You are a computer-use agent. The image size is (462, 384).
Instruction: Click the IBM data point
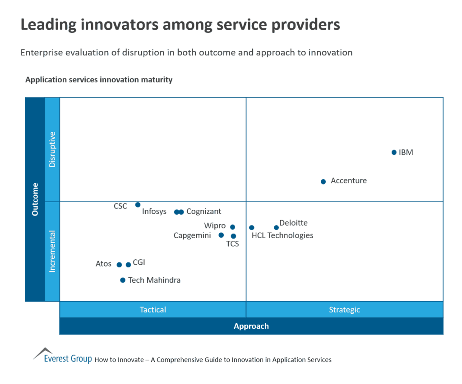click(394, 153)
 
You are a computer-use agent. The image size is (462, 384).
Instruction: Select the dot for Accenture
click(323, 181)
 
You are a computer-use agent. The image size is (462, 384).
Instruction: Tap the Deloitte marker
click(276, 227)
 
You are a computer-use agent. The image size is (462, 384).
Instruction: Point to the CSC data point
click(138, 205)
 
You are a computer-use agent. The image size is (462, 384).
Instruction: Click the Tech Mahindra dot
click(123, 280)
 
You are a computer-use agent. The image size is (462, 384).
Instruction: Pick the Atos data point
click(119, 265)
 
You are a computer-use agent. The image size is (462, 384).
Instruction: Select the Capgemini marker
click(221, 235)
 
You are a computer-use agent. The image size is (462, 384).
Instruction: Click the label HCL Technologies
click(282, 235)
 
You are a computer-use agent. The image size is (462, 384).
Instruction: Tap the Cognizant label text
click(203, 212)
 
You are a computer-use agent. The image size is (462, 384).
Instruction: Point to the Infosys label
click(154, 212)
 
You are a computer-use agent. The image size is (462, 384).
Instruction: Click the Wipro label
click(215, 226)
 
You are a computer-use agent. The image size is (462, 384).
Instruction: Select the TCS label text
click(232, 244)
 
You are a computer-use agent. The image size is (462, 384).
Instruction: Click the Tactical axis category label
click(153, 310)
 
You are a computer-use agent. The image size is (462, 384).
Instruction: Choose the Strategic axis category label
click(344, 310)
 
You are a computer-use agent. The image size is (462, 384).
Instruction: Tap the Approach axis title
click(251, 326)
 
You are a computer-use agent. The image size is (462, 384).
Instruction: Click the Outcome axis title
click(35, 199)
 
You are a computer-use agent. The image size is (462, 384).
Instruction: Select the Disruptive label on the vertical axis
click(52, 149)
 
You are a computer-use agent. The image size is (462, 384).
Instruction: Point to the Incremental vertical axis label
click(52, 251)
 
